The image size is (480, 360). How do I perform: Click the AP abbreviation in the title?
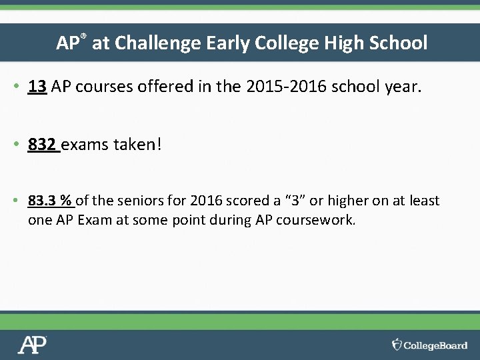67,44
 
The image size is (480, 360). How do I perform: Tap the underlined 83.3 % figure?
51,201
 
